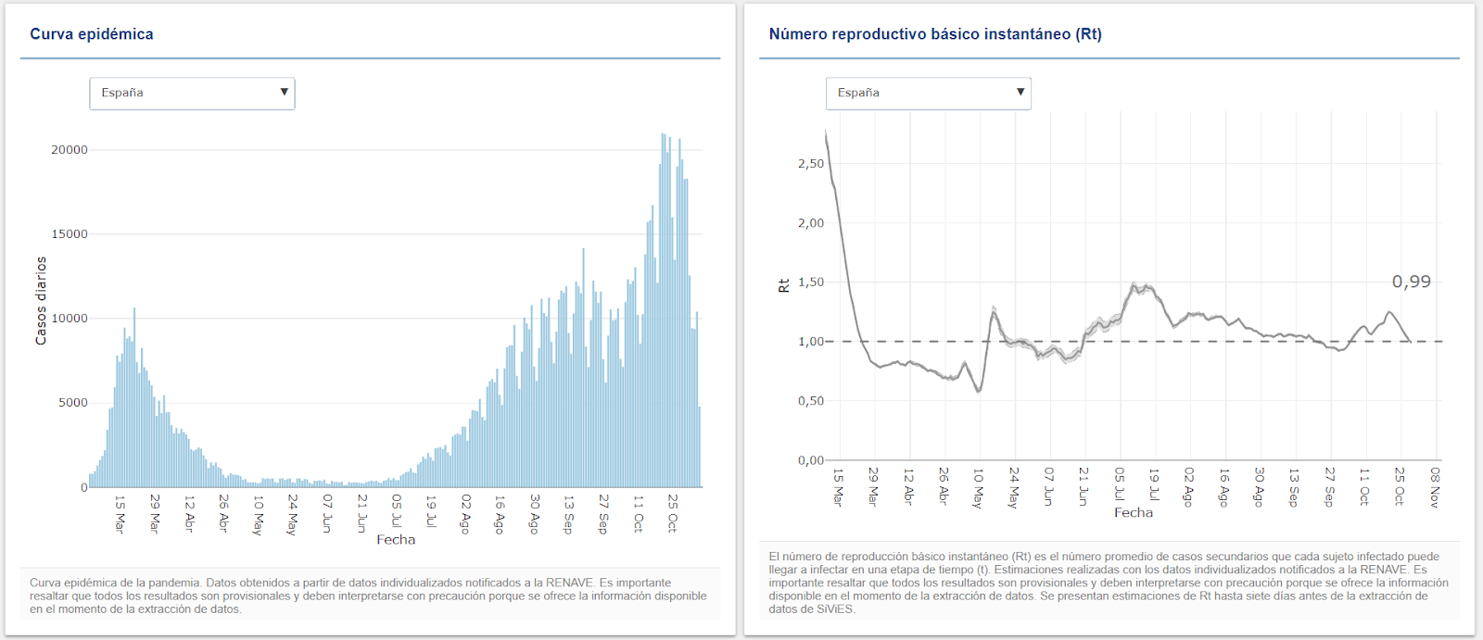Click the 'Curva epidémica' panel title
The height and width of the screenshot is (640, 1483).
[x=92, y=34]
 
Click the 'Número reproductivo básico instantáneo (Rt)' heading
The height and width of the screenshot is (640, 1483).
[x=935, y=34]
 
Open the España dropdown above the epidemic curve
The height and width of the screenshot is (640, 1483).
[x=192, y=94]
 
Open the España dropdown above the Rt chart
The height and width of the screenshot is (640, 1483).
[x=928, y=94]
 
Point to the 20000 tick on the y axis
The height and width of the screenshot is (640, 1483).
[x=70, y=150]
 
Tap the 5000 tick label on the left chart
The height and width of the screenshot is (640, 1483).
[x=73, y=403]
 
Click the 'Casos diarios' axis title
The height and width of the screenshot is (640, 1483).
[x=41, y=301]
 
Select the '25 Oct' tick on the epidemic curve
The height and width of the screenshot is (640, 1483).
[x=673, y=512]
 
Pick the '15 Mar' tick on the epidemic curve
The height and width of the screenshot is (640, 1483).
[x=120, y=513]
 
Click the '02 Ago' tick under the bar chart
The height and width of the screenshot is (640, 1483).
[x=465, y=513]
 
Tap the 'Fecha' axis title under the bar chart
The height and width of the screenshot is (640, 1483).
[x=396, y=540]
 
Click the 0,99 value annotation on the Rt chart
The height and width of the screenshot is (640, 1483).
[x=1411, y=282]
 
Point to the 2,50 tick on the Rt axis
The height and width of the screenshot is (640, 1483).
[x=811, y=164]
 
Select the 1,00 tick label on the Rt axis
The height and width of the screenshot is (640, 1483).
[x=811, y=342]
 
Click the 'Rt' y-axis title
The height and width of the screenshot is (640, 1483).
[x=784, y=285]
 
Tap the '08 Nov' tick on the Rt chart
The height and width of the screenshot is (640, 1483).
[x=1435, y=486]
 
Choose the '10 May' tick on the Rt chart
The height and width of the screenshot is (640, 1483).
[x=978, y=486]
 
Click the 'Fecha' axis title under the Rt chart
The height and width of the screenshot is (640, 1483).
[x=1134, y=513]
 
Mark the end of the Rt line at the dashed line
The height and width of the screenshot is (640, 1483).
[x=1411, y=342]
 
